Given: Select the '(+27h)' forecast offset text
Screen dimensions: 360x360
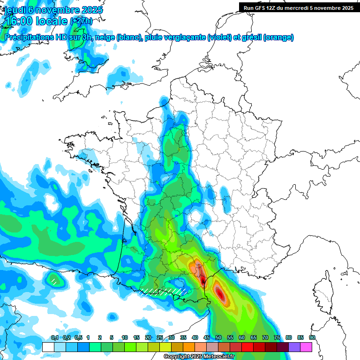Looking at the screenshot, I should click(81, 21).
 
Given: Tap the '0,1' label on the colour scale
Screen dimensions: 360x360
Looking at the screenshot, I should click(54, 338).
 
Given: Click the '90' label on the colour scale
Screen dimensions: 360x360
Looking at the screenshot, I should click(312, 338).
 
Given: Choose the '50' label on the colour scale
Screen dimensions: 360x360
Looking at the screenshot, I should click(218, 338).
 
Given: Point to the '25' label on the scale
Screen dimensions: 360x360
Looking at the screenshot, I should click(160, 338).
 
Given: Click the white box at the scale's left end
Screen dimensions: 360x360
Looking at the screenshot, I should click(48, 347).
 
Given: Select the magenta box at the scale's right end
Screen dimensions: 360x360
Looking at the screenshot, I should click(306, 347).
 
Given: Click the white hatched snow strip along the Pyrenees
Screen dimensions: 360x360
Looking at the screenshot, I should click(164, 291).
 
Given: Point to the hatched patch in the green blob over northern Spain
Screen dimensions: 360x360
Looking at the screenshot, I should click(54, 281).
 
